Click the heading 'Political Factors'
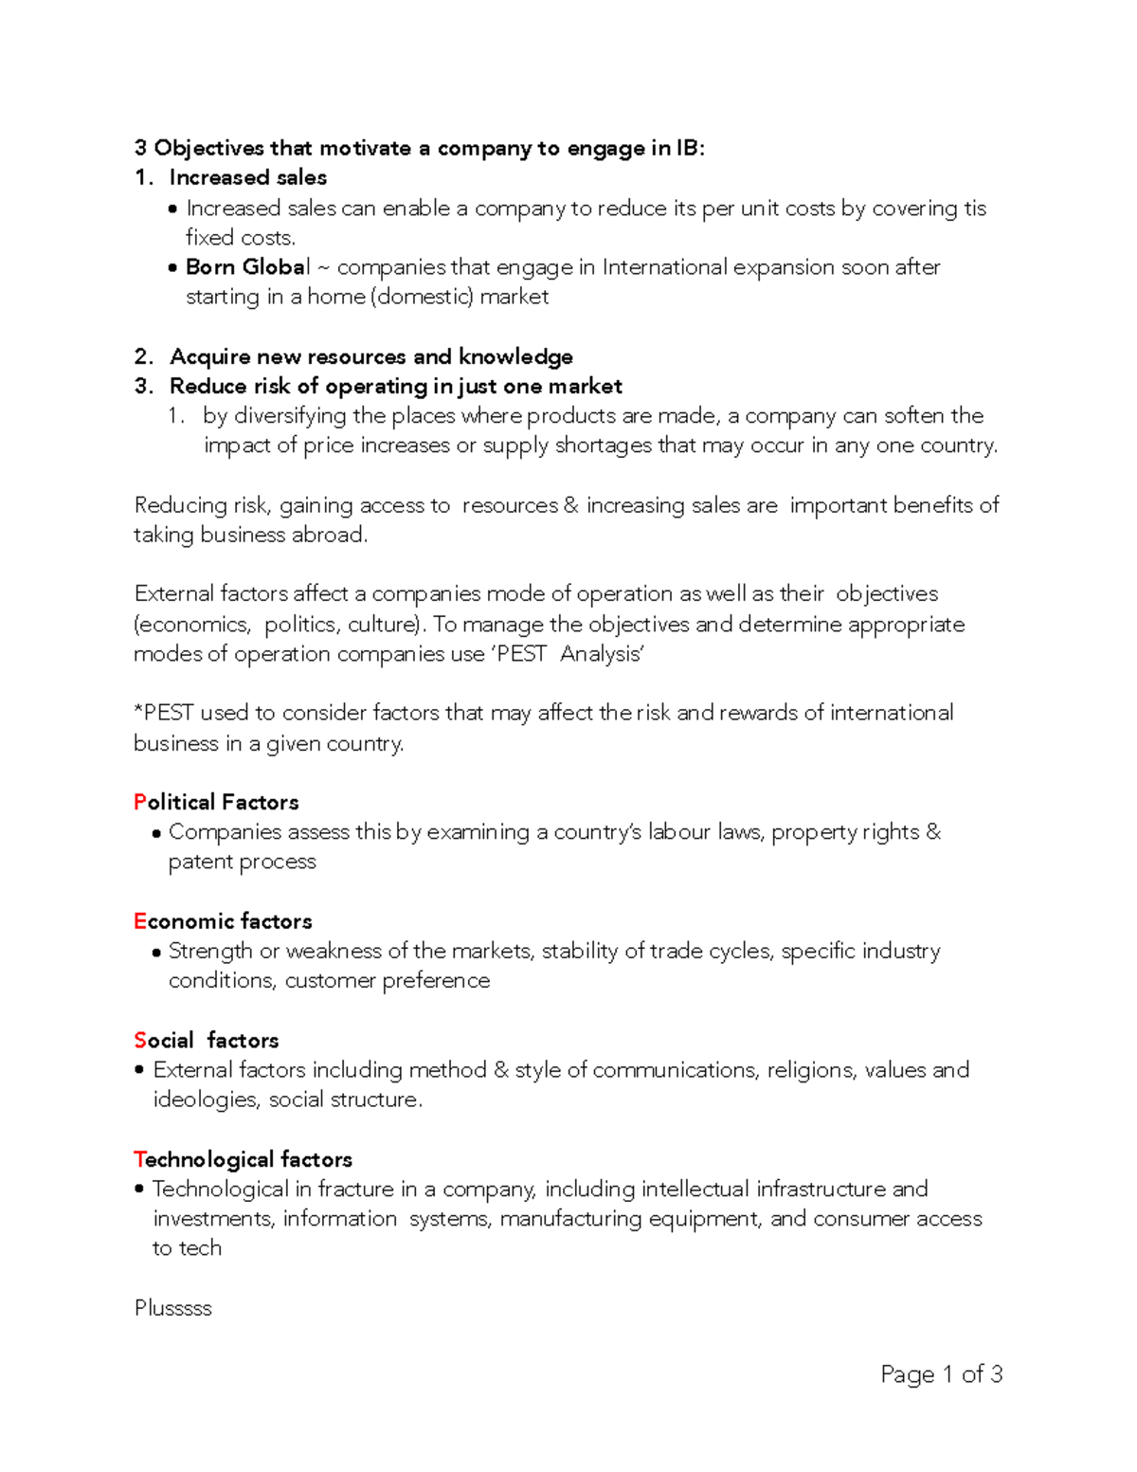(x=216, y=802)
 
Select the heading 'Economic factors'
(x=223, y=921)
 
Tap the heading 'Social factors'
(x=206, y=1040)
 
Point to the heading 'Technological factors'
(x=243, y=1159)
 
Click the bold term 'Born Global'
(x=247, y=267)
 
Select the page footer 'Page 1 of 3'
(x=941, y=1374)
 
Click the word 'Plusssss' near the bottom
(x=172, y=1308)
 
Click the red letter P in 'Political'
(x=140, y=802)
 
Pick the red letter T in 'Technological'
(x=139, y=1159)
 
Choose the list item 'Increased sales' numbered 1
(x=247, y=177)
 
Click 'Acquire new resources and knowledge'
(x=370, y=356)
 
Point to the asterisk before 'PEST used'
(x=138, y=711)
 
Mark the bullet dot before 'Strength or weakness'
(x=156, y=953)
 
